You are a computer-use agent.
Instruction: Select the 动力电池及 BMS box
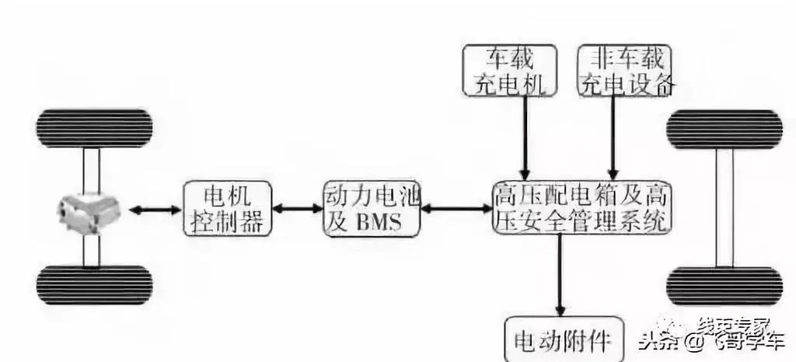371,209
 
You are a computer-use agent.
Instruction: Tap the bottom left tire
94,285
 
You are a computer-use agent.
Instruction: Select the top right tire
724,130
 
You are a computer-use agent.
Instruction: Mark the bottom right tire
724,285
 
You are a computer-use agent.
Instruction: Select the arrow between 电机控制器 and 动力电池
298,209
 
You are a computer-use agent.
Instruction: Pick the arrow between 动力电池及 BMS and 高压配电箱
456,209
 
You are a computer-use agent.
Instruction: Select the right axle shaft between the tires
724,207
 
